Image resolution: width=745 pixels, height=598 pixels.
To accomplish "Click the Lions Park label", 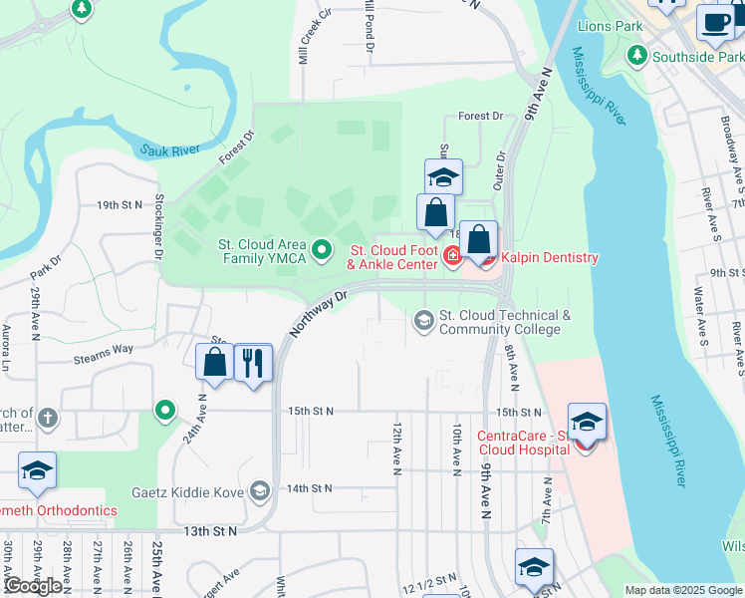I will [615, 25].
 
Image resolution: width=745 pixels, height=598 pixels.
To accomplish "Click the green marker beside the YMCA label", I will [322, 250].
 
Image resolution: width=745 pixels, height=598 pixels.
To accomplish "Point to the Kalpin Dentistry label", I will [549, 258].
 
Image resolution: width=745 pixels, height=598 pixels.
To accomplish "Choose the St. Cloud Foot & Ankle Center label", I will [391, 257].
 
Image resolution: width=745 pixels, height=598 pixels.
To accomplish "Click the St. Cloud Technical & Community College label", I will [505, 322].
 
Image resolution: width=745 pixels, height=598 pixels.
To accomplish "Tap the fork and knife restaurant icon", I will [253, 362].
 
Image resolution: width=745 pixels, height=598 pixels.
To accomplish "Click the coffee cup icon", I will [714, 22].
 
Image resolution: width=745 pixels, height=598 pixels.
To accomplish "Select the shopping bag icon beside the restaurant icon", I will [214, 362].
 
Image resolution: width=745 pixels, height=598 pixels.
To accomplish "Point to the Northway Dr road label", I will [319, 312].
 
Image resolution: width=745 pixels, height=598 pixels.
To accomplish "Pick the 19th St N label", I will [121, 204].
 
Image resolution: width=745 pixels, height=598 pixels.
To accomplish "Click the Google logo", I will [32, 586].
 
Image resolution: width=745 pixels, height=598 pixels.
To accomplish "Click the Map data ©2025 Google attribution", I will [682, 590].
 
